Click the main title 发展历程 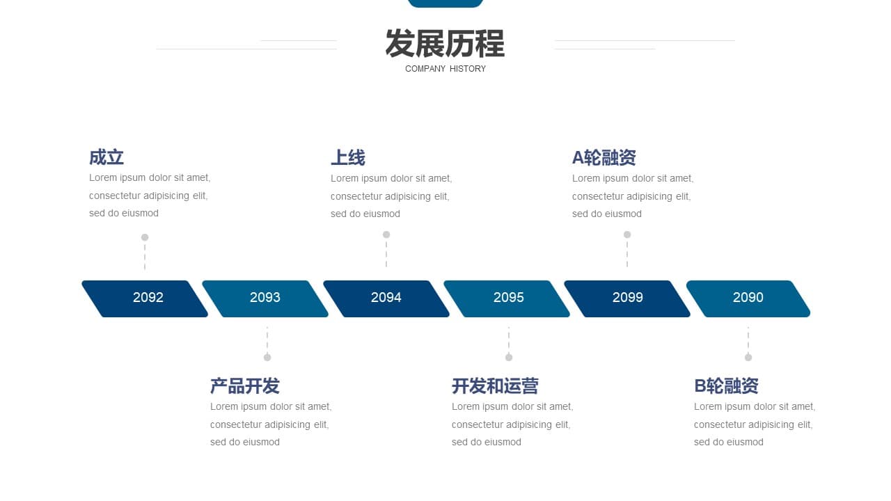pos(445,43)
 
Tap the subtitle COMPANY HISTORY pos(445,69)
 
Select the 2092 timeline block pos(145,299)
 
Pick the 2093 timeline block pos(265,299)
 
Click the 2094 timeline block pos(386,299)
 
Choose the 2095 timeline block pos(507,299)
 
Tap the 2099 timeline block pos(627,299)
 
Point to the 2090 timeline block pos(748,299)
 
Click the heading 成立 pos(107,157)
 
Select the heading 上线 pos(348,157)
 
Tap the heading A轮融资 pos(604,157)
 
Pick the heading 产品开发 pos(245,385)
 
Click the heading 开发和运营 pos(495,385)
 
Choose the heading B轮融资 pos(726,385)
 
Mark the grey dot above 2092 pos(145,237)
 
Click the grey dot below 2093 pos(267,358)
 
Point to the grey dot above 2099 pos(627,234)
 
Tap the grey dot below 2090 pos(748,358)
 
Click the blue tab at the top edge pos(445,3)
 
